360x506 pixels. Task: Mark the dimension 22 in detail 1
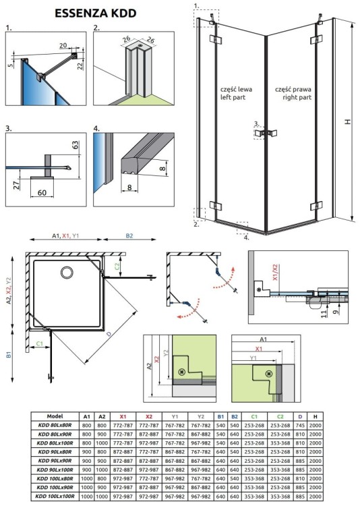pos(80,64)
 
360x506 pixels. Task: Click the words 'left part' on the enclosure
pos(233,98)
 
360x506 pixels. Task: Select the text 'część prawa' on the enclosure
pos(293,89)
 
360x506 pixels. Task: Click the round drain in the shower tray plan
pos(67,273)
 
